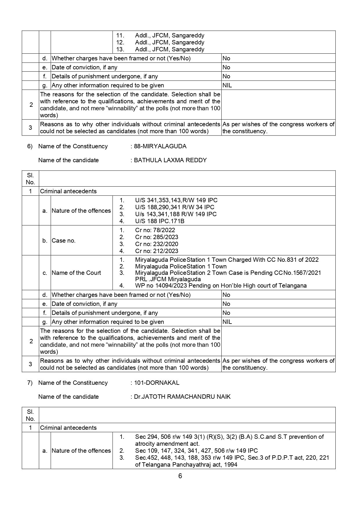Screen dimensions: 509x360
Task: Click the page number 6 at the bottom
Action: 180,476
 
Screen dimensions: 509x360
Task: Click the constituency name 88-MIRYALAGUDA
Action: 160,146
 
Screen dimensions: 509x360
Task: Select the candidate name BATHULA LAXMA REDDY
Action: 170,160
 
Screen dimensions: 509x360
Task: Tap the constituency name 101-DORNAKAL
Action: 157,383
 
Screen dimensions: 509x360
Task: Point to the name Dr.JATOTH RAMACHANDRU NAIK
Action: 182,397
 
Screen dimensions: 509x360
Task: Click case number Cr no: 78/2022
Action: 155,230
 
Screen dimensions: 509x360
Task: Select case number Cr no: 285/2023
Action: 157,237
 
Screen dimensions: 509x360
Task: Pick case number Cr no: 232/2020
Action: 157,244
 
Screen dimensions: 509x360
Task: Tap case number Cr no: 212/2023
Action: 157,251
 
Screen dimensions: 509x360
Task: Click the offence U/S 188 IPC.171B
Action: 160,221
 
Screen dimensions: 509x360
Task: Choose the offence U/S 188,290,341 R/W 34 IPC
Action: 175,207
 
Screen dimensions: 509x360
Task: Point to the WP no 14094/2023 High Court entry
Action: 220,286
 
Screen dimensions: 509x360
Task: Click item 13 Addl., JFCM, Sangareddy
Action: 169,49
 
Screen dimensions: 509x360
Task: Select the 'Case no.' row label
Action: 64,241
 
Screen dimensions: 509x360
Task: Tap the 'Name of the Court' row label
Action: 76,273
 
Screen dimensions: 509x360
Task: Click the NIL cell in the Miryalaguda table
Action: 227,322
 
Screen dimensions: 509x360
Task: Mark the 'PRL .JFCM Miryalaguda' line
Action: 168,279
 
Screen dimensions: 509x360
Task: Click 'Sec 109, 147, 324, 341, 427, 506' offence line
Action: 196,451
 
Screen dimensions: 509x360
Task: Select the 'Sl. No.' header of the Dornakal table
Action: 30,415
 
